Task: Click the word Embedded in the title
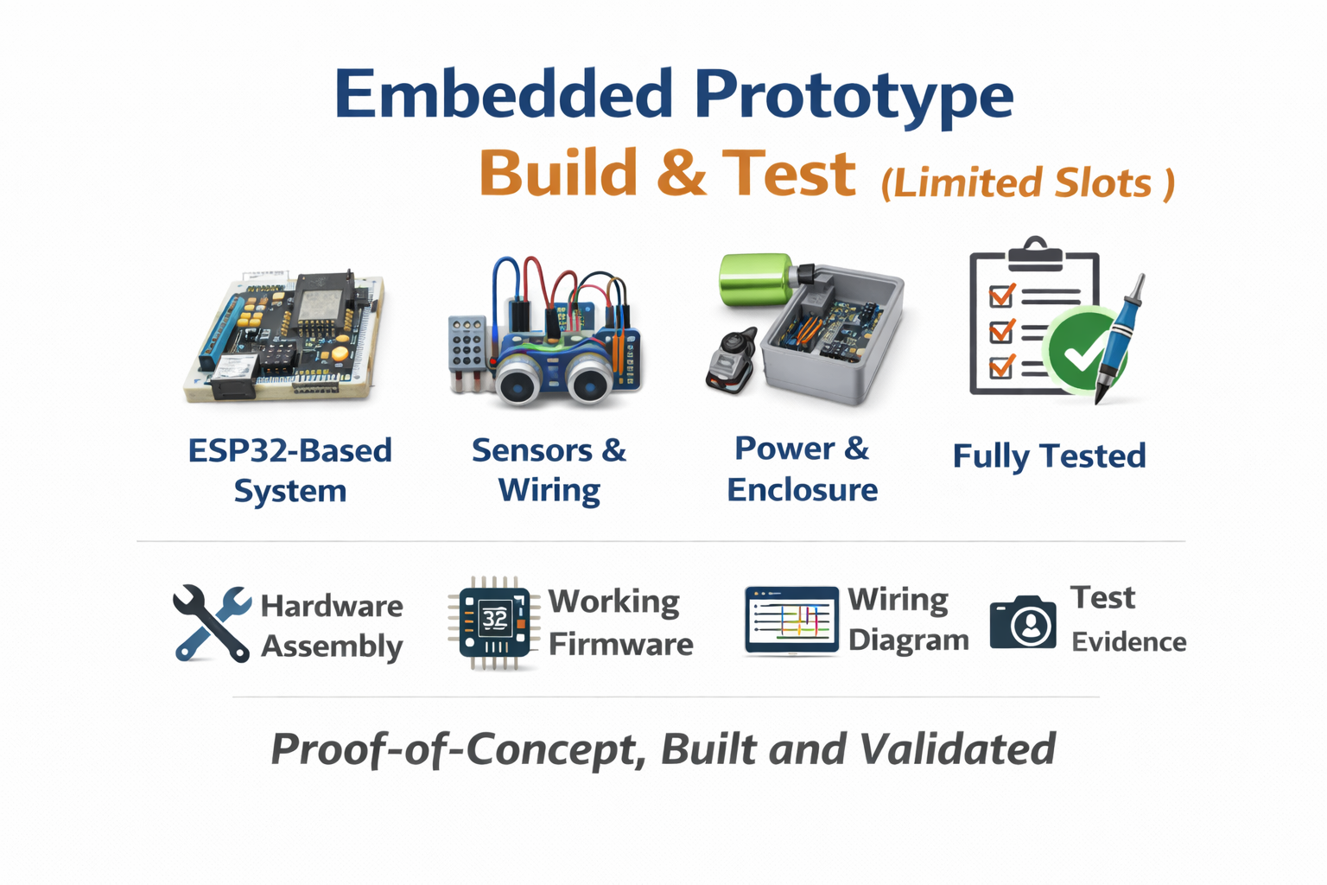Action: (504, 93)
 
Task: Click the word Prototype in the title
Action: (854, 98)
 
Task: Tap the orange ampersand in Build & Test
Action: (681, 173)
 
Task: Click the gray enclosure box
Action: (832, 335)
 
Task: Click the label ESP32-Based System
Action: (290, 471)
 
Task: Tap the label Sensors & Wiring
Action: (549, 470)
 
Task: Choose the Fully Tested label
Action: (1049, 455)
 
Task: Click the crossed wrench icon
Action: (212, 623)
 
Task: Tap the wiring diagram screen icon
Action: (791, 621)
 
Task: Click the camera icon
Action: (1023, 621)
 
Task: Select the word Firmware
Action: (621, 645)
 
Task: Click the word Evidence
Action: (1129, 642)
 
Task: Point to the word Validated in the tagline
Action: (957, 749)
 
